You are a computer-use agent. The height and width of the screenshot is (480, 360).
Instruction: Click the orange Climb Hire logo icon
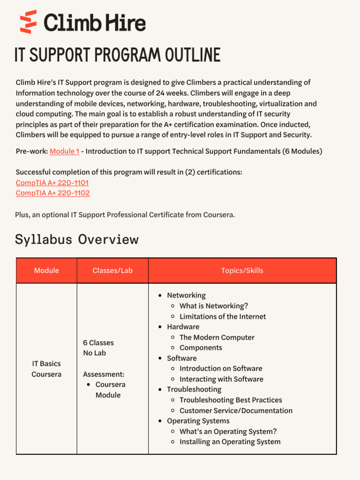(28, 22)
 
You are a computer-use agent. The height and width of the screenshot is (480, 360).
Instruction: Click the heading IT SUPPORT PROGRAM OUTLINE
(117, 55)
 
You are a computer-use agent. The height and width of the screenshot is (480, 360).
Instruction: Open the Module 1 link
(64, 151)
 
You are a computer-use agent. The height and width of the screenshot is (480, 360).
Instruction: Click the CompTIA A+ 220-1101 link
(52, 183)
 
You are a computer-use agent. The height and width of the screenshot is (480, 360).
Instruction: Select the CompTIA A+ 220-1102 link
(52, 193)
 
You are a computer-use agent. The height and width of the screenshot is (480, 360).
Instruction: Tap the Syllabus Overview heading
(77, 239)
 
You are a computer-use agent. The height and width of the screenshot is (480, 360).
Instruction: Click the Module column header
(46, 270)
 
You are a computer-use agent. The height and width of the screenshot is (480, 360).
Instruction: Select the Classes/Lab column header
(112, 270)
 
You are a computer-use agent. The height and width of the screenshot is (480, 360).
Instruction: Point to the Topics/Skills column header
(242, 270)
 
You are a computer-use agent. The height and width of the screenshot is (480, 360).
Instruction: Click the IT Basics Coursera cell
(46, 369)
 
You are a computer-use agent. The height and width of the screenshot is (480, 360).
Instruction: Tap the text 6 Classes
(98, 343)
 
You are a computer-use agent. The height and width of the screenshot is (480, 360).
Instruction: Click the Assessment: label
(104, 374)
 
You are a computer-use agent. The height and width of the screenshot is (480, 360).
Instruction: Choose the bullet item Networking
(186, 295)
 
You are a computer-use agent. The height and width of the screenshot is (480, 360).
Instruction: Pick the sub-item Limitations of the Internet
(222, 316)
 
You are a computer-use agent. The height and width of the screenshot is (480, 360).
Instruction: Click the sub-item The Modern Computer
(217, 337)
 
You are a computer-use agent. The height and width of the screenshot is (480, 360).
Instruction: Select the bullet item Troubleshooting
(194, 390)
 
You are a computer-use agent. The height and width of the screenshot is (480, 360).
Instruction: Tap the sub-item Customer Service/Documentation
(236, 411)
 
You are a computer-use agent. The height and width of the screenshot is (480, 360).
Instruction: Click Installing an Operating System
(230, 442)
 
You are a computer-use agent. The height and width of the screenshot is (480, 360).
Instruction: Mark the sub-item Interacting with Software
(221, 379)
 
